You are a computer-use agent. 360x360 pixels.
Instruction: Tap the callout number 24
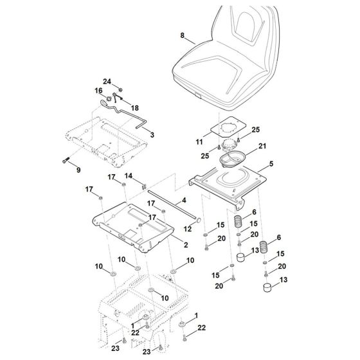[x=108, y=81]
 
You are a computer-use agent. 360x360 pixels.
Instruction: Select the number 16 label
[x=99, y=91]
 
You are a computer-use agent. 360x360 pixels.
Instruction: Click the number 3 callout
[x=152, y=136]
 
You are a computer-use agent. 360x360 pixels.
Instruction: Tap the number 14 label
[x=128, y=176]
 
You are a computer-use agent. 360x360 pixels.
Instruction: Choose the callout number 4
[x=183, y=201]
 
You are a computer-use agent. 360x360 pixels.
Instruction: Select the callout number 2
[x=166, y=245]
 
